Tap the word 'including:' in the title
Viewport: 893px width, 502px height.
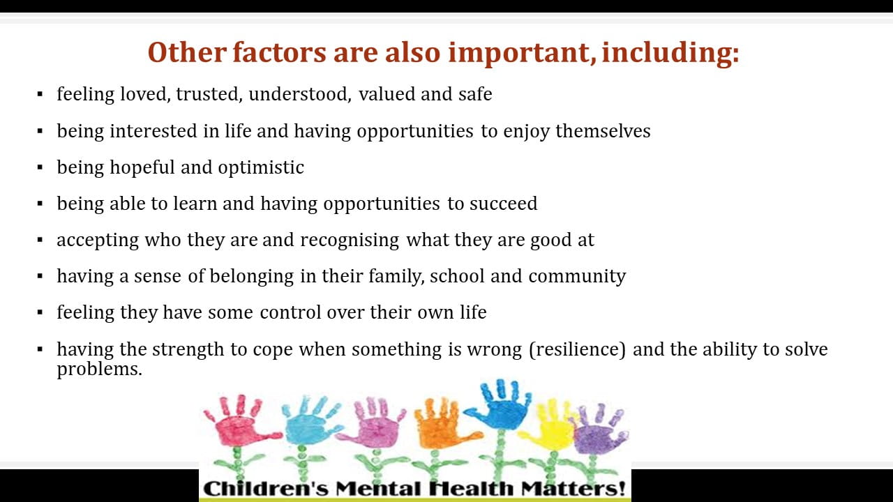[x=670, y=54]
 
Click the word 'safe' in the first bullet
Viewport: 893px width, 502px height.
[x=475, y=94]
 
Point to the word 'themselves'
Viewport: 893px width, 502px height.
[x=603, y=131]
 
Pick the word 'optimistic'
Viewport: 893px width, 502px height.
[x=261, y=168]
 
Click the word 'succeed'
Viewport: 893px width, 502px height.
[x=504, y=204]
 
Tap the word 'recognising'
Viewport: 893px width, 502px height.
[x=350, y=241]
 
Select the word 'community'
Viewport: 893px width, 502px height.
[x=577, y=277]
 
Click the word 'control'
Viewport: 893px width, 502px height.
[x=290, y=312]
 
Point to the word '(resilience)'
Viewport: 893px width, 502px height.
[x=578, y=350]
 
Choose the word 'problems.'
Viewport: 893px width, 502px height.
[x=99, y=370]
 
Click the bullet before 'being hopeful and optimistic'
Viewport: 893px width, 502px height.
[x=40, y=167]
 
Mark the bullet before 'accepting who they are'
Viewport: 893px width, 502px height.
[x=40, y=241]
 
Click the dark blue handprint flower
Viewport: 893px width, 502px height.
[x=499, y=406]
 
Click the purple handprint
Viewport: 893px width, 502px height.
[x=600, y=431]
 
